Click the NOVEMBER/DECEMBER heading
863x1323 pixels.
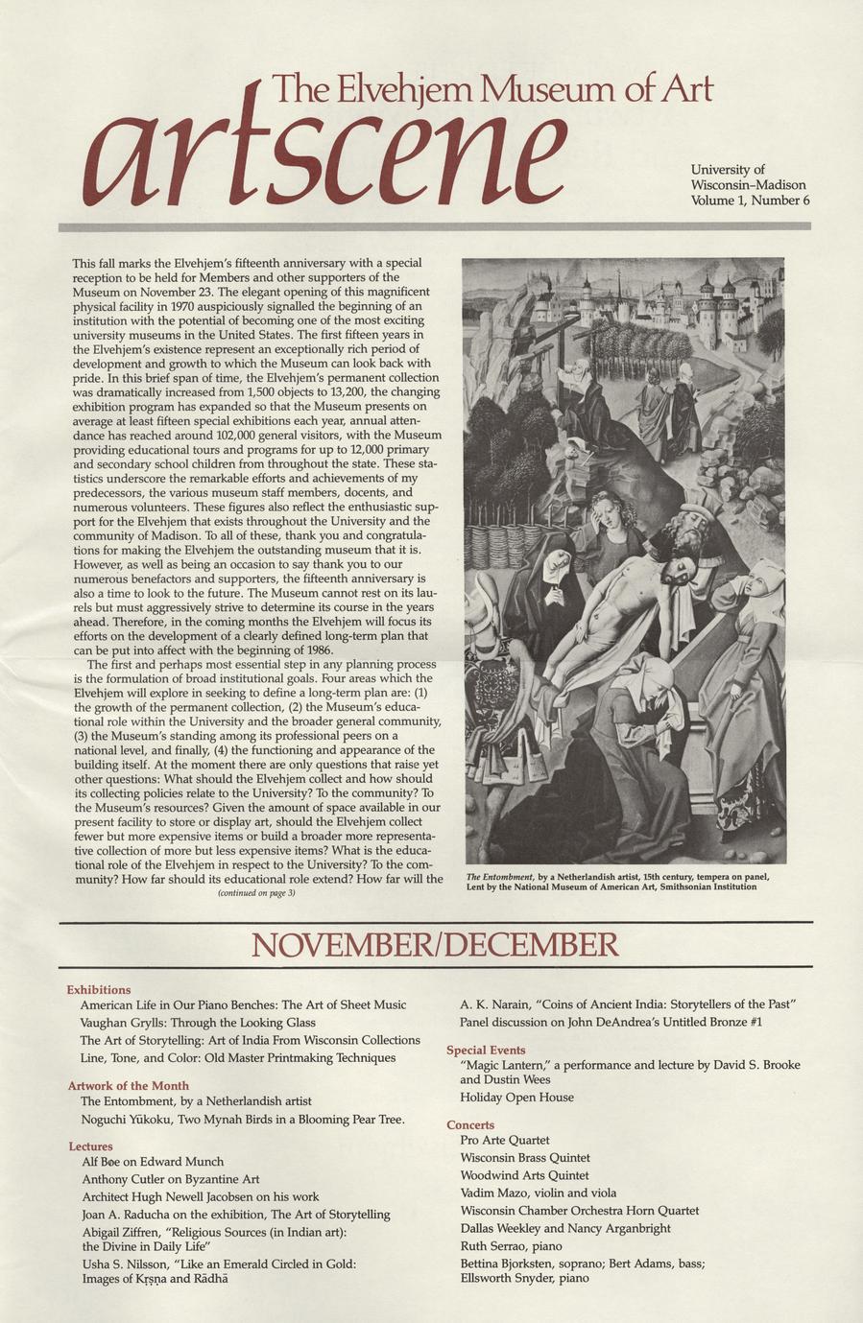point(435,945)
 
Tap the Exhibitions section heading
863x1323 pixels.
point(99,989)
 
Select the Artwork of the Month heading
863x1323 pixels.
point(128,1085)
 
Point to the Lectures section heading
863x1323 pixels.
point(90,1146)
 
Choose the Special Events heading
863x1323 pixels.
point(486,1050)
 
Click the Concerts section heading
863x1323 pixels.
point(470,1124)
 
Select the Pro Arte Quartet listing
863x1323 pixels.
point(505,1140)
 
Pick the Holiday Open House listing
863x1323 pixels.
point(516,1097)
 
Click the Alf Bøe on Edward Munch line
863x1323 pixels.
point(153,1161)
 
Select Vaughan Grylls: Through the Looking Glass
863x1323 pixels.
point(198,1023)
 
